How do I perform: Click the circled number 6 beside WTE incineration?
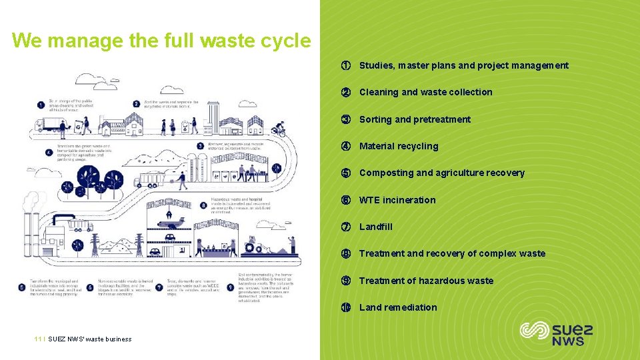[346, 200]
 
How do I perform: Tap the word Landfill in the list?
[376, 227]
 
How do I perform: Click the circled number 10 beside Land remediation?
[346, 307]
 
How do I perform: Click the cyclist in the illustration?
[279, 128]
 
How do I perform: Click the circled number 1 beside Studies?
[346, 65]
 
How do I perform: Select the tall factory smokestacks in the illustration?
[30, 220]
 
